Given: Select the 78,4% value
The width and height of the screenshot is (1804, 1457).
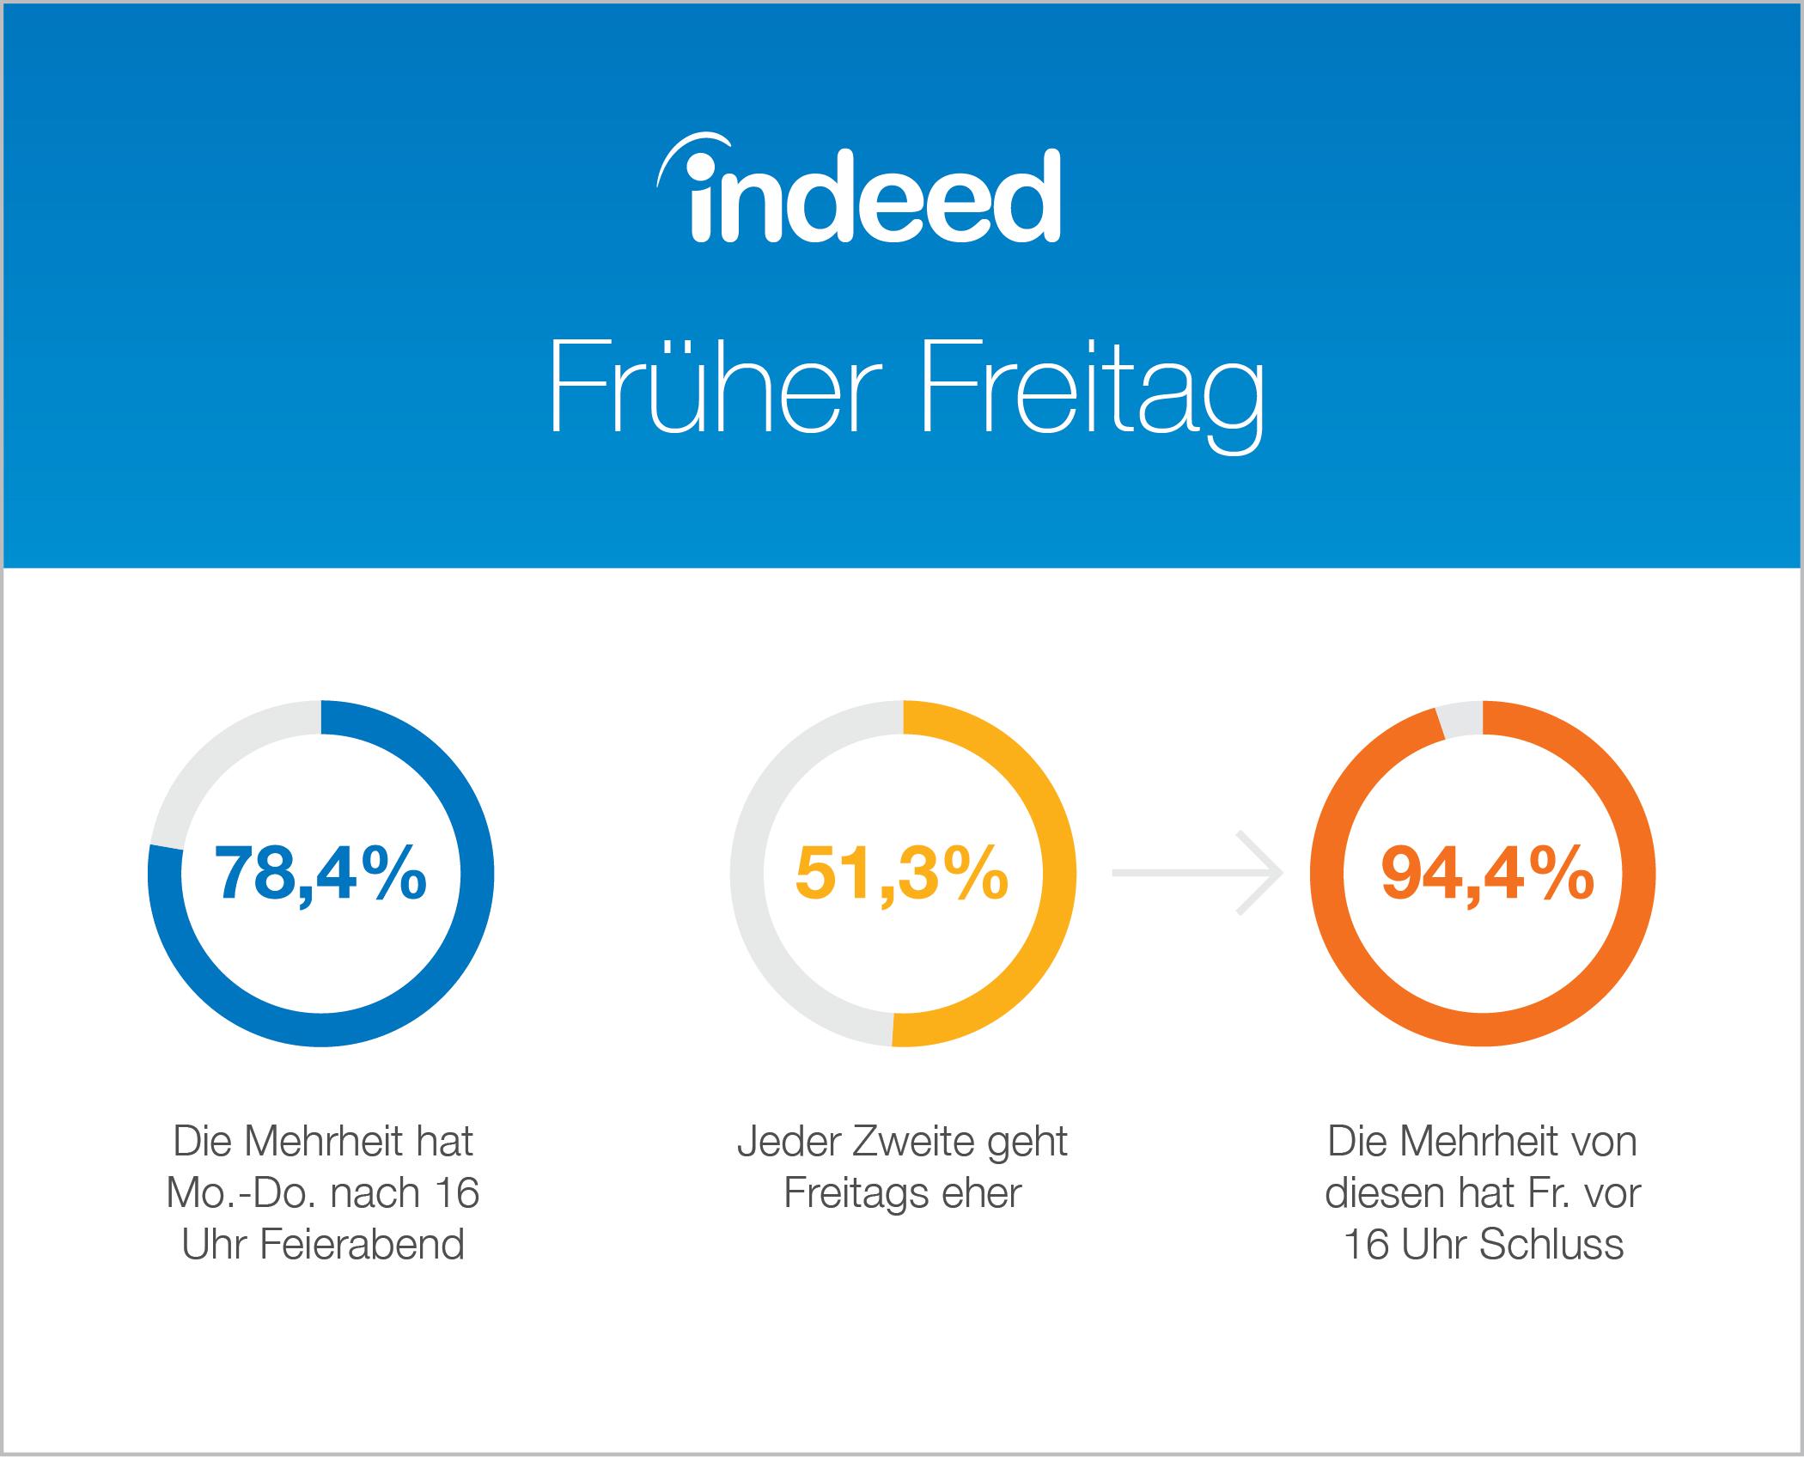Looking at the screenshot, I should point(320,873).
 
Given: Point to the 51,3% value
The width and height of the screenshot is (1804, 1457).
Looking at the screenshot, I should point(902,873).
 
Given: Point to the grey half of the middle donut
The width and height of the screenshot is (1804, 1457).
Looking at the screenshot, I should point(747,873).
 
